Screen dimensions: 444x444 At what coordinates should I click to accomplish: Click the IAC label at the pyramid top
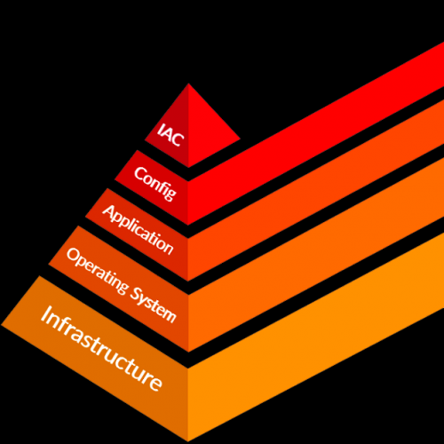tap(170, 135)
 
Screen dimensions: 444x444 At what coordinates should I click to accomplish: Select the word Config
tap(155, 184)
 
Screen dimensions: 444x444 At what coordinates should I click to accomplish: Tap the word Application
tap(138, 230)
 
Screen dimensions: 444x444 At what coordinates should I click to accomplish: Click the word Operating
tap(98, 271)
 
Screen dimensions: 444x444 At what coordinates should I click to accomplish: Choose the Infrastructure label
tap(101, 348)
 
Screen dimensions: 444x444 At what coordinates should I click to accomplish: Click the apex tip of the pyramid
tap(188, 83)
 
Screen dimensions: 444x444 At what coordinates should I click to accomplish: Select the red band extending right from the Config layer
tap(316, 134)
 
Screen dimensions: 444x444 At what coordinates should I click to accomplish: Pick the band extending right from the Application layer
tap(316, 190)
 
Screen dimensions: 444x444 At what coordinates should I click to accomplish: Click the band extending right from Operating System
tap(316, 255)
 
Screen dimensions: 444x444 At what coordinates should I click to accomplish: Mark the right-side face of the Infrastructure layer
tap(316, 337)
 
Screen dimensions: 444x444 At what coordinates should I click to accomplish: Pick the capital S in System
tap(136, 294)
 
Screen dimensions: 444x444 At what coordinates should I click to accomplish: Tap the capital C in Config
tap(140, 174)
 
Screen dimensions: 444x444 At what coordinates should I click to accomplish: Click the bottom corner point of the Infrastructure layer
tap(188, 441)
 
